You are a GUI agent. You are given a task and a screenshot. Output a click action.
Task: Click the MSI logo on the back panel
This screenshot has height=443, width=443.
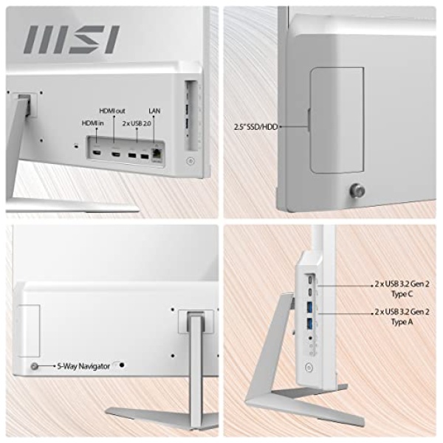coord(72,39)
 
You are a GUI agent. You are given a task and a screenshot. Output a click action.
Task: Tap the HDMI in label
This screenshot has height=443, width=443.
coord(93,123)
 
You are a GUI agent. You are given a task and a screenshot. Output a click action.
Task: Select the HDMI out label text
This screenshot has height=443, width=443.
coord(112,111)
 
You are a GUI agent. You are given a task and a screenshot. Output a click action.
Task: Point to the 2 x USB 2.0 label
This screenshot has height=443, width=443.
coord(137,123)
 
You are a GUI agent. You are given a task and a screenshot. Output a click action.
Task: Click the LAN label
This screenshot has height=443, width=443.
coord(154,111)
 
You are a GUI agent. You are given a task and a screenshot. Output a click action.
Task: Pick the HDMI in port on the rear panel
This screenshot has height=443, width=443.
coord(97,153)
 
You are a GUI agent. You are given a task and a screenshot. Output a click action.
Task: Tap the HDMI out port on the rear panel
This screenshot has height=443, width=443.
coord(115,154)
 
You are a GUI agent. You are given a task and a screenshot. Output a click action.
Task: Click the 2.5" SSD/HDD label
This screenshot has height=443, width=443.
coord(255,127)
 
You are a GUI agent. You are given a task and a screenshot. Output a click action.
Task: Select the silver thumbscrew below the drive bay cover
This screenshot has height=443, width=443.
coord(357,190)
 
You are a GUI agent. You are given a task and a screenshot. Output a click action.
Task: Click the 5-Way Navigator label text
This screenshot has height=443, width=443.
coord(83,366)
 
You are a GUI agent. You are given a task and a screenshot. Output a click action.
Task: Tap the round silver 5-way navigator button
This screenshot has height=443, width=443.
coord(34,366)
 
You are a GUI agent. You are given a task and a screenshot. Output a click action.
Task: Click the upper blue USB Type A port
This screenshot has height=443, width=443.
coord(310,307)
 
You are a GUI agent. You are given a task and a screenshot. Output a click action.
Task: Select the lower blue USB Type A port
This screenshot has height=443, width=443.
coord(310,323)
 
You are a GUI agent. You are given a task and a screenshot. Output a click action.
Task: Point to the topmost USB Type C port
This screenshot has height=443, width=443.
coord(311,279)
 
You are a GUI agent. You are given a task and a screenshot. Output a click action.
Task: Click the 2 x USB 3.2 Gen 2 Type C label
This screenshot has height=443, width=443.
coord(402,289)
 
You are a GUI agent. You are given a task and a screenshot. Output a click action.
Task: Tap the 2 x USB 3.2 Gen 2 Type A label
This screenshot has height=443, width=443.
coord(402,317)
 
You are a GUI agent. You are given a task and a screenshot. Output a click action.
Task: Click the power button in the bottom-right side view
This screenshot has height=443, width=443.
coord(309,368)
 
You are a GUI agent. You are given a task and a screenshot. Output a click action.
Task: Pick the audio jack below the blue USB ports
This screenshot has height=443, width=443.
coord(311,337)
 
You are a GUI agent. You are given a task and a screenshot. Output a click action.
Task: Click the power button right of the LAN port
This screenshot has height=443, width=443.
coord(190,161)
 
